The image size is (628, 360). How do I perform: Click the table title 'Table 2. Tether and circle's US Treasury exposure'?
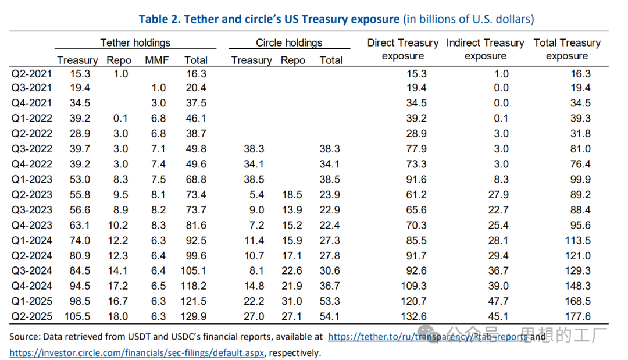coord(269,19)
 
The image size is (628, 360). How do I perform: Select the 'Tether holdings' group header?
coord(135,42)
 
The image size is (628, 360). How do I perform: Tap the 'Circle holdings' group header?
coord(289,42)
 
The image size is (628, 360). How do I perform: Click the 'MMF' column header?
coord(157,60)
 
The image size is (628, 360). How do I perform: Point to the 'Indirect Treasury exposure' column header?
coord(485,49)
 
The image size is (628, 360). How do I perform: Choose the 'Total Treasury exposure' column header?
coord(567,49)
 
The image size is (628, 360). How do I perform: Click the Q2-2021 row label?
coord(32,74)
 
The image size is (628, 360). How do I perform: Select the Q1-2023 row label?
coord(32,180)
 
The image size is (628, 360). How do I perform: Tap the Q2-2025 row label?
coord(32,316)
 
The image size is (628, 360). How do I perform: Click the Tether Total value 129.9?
coord(195,316)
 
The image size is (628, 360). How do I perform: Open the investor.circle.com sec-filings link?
coord(137,352)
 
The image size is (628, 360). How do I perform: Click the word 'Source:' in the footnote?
coord(26,337)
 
